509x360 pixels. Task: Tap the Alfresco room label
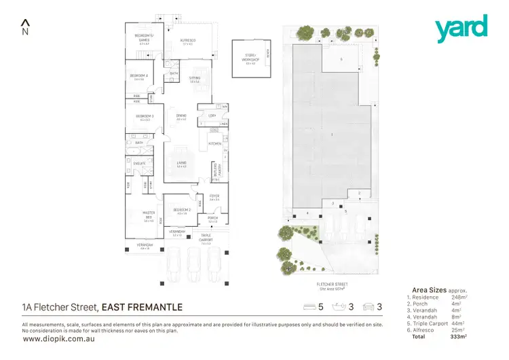[187, 41]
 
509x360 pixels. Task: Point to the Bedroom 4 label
[141, 76]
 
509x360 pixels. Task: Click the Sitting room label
[194, 79]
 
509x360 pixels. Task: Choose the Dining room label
[181, 116]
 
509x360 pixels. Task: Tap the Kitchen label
[214, 144]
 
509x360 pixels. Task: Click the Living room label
[181, 163]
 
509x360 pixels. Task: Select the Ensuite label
[138, 164]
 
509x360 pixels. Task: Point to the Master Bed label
[149, 217]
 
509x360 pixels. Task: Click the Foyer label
[214, 196]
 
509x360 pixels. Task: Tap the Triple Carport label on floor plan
[206, 238]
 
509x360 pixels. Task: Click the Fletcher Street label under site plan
[331, 285]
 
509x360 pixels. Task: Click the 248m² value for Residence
[460, 298]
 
